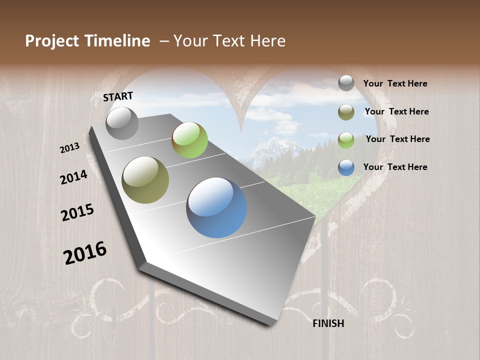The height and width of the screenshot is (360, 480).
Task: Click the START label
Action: (118, 96)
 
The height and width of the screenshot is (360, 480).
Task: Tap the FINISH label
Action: (328, 323)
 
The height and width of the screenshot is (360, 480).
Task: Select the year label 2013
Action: (69, 148)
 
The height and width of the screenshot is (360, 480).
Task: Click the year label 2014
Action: (73, 177)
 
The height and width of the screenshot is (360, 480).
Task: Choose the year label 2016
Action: (85, 253)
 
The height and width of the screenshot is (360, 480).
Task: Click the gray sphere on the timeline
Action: (122, 123)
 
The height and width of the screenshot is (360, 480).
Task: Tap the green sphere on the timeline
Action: (189, 140)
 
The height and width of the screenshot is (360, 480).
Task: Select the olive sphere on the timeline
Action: (145, 180)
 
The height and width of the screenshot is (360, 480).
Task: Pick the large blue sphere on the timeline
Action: (216, 207)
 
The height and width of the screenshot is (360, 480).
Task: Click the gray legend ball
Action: (346, 83)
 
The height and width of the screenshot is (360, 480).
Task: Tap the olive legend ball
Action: (346, 112)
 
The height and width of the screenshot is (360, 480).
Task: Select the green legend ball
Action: (346, 140)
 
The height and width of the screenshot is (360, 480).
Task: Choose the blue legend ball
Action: (346, 167)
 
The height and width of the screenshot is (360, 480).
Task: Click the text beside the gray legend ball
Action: (395, 84)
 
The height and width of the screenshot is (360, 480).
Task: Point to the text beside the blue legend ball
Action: (395, 167)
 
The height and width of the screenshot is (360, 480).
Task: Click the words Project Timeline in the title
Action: (87, 41)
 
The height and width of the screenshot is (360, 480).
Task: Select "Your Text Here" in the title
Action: (229, 41)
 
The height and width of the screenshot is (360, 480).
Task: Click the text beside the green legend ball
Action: (397, 139)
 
